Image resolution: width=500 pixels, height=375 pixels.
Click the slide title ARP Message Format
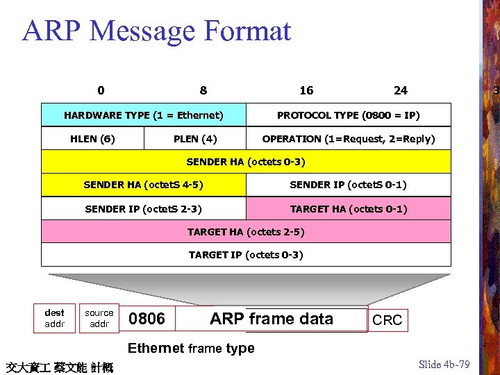(157, 31)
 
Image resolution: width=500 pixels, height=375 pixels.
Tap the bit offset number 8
(203, 90)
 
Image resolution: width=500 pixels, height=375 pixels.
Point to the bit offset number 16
(306, 90)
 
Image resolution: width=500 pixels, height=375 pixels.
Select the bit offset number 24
(401, 90)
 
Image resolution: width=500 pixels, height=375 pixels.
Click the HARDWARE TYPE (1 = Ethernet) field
(144, 115)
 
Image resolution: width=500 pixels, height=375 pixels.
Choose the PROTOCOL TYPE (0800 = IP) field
(349, 115)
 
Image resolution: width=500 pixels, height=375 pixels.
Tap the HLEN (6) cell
(92, 139)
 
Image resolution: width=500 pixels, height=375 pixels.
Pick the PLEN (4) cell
(195, 139)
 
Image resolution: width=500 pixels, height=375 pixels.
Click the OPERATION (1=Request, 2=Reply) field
(349, 139)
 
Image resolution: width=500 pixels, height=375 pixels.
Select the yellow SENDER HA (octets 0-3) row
(246, 162)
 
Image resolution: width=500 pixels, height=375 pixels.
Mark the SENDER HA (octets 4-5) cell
(144, 185)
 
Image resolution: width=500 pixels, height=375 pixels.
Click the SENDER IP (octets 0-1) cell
(349, 185)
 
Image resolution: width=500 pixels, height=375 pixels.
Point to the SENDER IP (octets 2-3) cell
(144, 208)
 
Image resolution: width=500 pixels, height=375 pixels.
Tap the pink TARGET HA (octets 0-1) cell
(349, 208)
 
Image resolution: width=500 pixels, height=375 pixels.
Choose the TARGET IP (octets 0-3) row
(246, 255)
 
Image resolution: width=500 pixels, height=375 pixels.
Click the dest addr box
(54, 318)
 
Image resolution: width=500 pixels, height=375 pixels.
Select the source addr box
(99, 318)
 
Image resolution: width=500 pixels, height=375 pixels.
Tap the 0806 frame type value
(147, 319)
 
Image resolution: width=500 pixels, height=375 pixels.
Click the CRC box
(387, 320)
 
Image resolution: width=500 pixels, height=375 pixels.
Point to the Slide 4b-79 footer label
(444, 365)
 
